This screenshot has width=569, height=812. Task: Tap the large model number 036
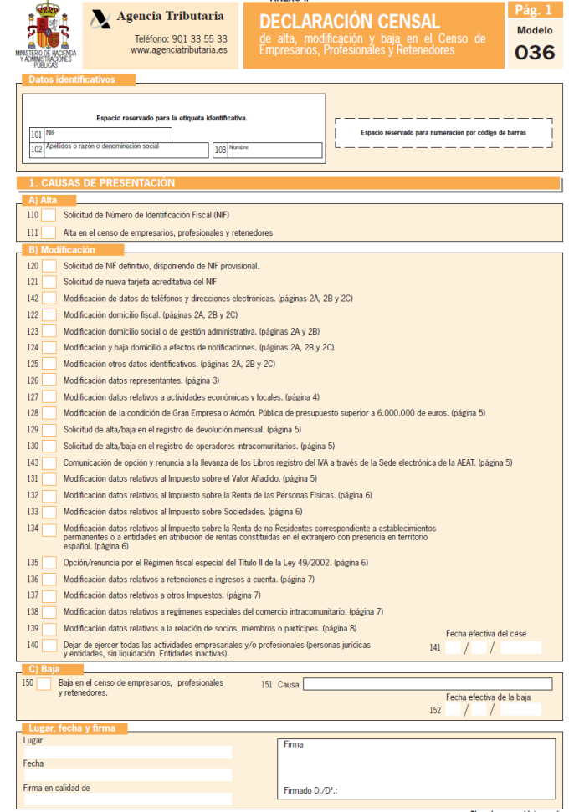(x=535, y=52)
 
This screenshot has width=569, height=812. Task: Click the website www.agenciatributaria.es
(x=178, y=50)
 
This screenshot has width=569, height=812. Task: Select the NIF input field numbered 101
(x=108, y=135)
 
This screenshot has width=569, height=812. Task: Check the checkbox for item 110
(x=49, y=216)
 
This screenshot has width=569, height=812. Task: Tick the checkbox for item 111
(x=49, y=232)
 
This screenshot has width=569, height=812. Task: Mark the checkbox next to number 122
(x=49, y=314)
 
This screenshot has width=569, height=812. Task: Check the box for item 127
(x=49, y=396)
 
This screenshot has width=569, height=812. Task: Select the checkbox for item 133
(x=49, y=511)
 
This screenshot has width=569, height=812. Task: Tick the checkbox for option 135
(x=49, y=563)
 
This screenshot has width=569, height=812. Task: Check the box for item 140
(x=49, y=645)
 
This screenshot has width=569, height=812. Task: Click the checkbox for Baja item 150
(x=44, y=684)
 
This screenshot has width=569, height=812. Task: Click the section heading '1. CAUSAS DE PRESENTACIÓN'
(x=102, y=182)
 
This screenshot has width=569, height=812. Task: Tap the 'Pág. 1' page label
(x=533, y=9)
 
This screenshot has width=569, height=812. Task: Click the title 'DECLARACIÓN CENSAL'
(x=349, y=21)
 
